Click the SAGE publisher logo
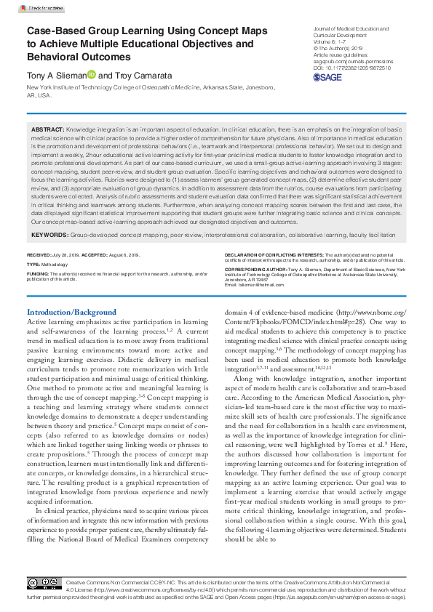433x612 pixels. [327, 77]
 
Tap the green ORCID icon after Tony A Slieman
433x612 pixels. [91, 75]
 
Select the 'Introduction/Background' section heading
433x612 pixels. [71, 312]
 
